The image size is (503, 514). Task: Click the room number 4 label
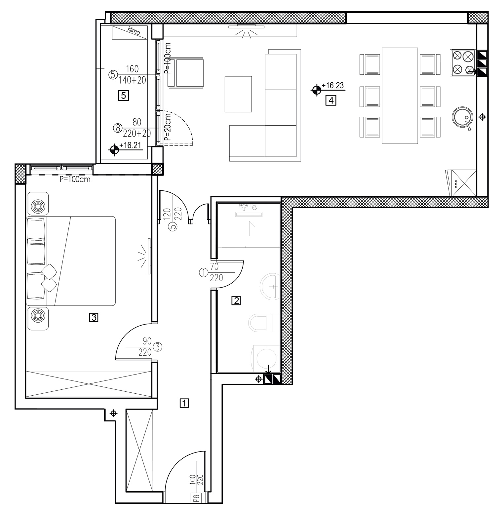(331, 100)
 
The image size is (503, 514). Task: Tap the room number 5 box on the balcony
(123, 96)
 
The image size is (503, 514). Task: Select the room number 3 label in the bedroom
(94, 318)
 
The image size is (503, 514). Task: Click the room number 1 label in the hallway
(184, 403)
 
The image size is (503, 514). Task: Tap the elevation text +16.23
(332, 85)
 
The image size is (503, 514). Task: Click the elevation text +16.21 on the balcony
(131, 145)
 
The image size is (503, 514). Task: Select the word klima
(134, 31)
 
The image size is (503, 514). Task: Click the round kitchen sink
(462, 117)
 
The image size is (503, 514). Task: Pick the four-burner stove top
(463, 62)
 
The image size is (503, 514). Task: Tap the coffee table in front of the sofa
(238, 94)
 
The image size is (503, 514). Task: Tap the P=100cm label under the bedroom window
(75, 180)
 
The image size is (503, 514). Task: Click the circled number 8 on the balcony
(117, 128)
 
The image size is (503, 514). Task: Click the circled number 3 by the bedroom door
(158, 347)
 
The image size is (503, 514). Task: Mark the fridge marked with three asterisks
(463, 183)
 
